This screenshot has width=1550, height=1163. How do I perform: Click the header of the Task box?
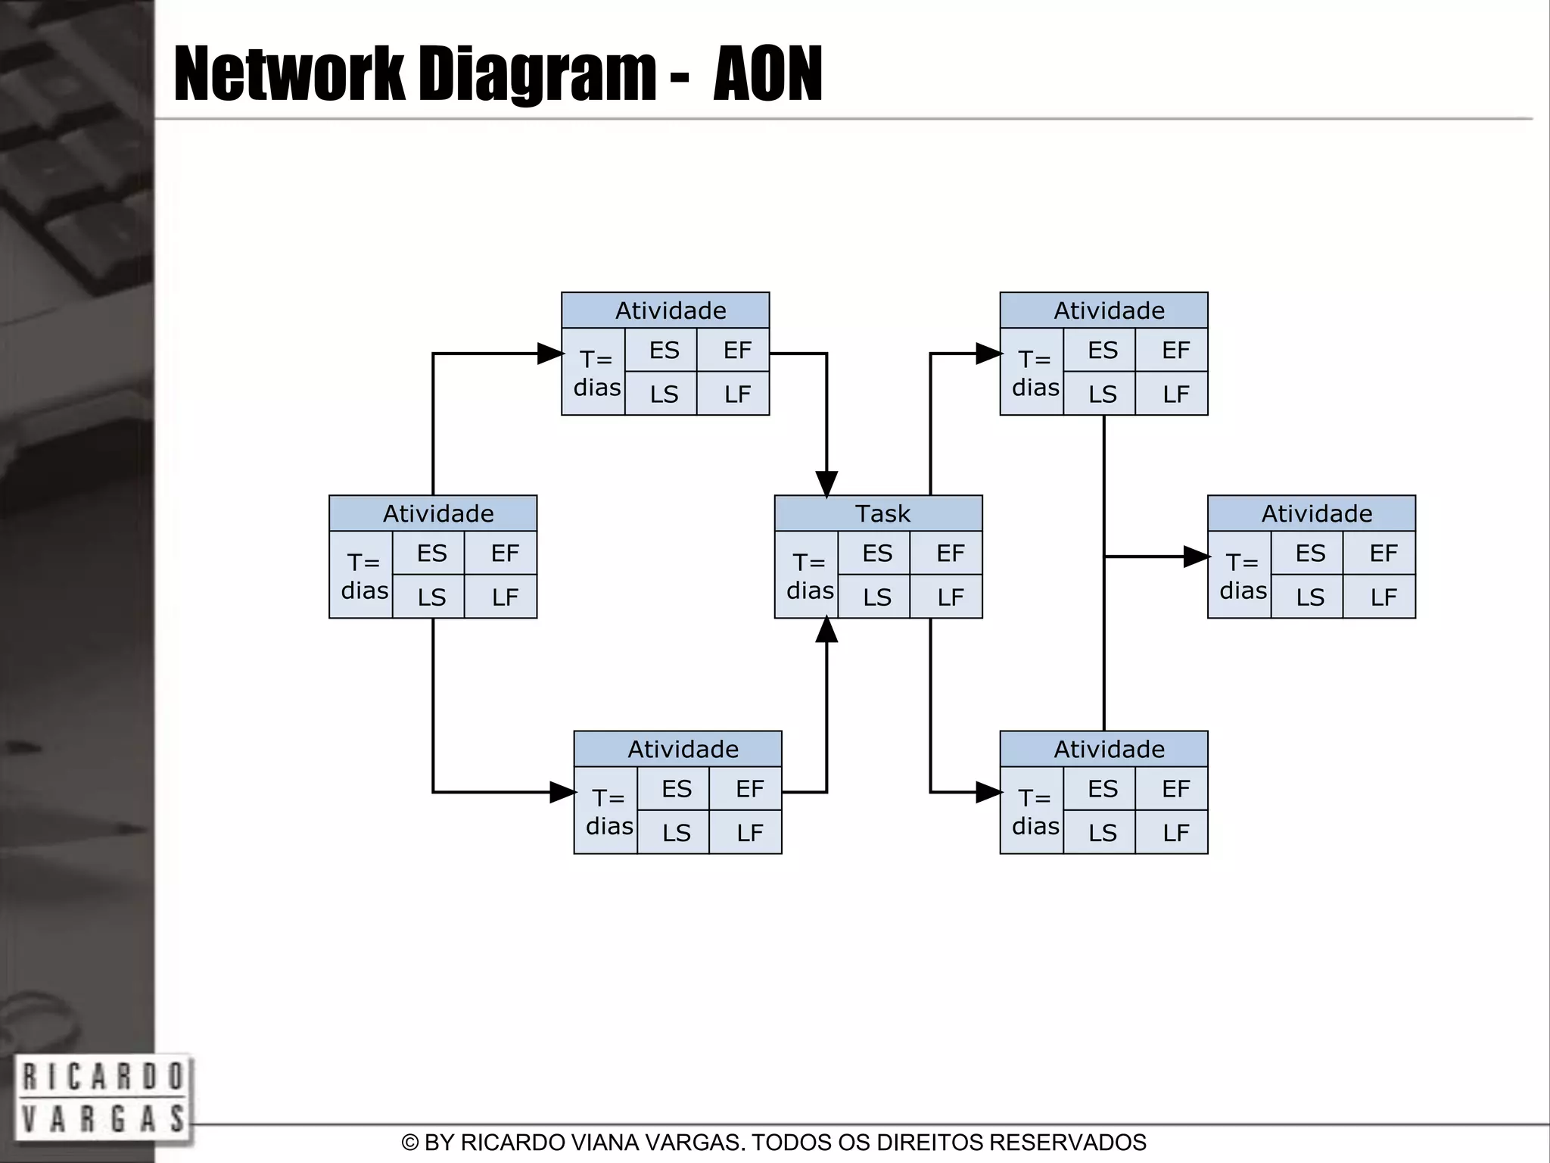click(x=878, y=513)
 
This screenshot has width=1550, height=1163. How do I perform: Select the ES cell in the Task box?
click(x=876, y=553)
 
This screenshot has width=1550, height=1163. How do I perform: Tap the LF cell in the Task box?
click(x=950, y=597)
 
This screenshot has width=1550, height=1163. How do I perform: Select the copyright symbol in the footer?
click(x=410, y=1143)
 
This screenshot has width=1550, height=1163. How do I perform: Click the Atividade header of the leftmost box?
click(x=433, y=513)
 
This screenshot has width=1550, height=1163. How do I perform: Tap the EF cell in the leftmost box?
click(x=504, y=553)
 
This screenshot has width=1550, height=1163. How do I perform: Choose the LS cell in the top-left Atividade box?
click(x=664, y=394)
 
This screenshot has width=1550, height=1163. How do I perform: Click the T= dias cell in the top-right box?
click(x=1035, y=373)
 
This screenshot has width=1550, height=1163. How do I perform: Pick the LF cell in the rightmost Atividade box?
click(x=1383, y=597)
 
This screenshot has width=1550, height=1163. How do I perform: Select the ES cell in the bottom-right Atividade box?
click(x=1102, y=789)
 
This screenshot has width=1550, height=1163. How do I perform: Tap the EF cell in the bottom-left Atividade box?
click(x=749, y=789)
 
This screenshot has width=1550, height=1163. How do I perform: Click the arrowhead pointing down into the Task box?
click(x=826, y=483)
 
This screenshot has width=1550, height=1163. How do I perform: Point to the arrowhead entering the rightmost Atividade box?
click(x=1195, y=557)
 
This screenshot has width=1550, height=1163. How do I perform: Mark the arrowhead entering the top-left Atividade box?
click(x=549, y=354)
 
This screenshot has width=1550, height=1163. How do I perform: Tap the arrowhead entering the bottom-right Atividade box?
click(x=988, y=792)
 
